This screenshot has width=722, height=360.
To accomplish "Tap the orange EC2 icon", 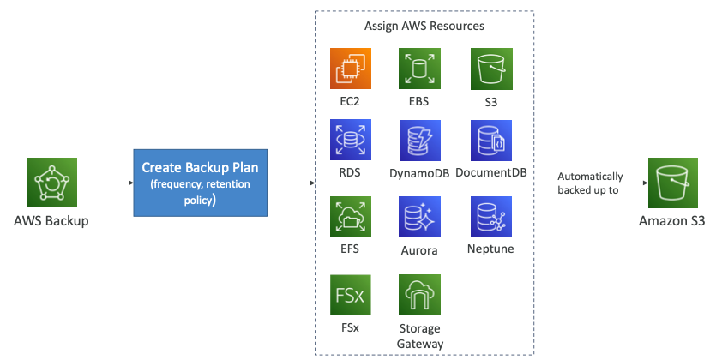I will [x=351, y=69].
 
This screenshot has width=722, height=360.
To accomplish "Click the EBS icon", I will [x=419, y=69].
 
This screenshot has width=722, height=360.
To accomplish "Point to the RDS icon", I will [x=351, y=141].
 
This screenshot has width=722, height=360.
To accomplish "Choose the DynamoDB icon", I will [x=419, y=141].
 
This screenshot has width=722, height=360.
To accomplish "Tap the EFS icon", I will [x=351, y=218].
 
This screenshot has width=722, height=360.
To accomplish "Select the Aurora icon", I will [x=419, y=218].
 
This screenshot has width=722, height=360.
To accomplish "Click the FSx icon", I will [x=351, y=295].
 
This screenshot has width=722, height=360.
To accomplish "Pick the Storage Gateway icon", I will [x=419, y=295].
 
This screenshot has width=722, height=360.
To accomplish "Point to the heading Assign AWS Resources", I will [x=424, y=26].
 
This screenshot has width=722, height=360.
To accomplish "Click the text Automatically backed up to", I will [x=590, y=183].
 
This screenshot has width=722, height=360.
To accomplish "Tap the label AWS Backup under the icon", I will [x=51, y=221].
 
